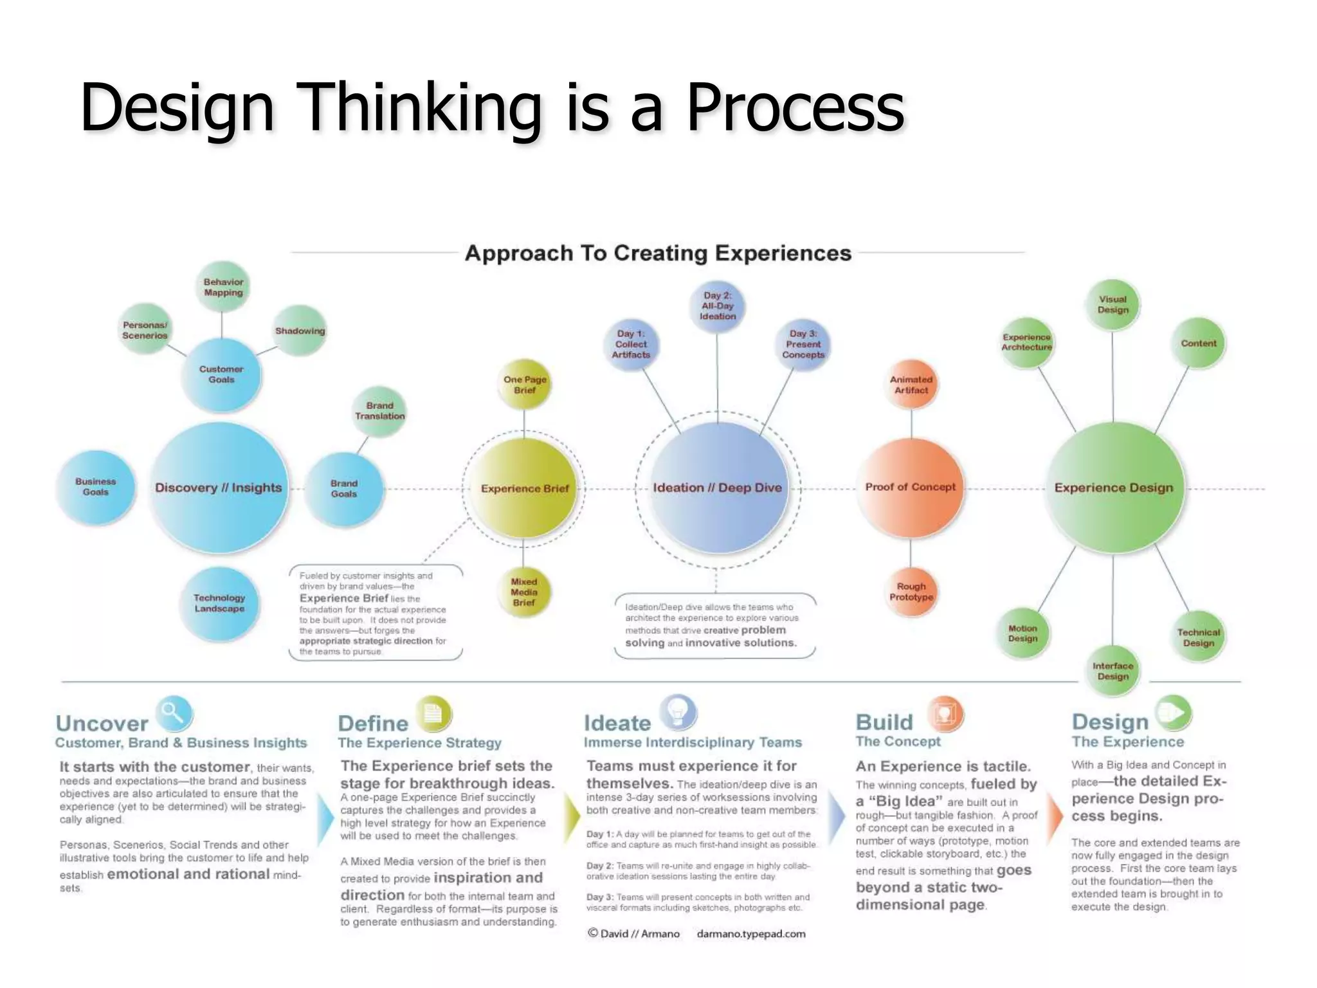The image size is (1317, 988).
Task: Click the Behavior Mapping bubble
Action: pyautogui.click(x=223, y=287)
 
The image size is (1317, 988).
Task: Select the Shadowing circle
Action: pyautogui.click(x=300, y=331)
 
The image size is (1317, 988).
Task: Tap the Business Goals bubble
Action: pyautogui.click(x=96, y=487)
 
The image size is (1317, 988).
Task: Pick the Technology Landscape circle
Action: pyautogui.click(x=219, y=603)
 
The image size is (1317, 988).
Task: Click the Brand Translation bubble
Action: pyautogui.click(x=379, y=411)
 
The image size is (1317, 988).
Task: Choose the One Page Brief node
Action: pyautogui.click(x=525, y=385)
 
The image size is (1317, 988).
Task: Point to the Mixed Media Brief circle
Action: pyautogui.click(x=523, y=592)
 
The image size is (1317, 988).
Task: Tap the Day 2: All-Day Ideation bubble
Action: pyautogui.click(x=717, y=306)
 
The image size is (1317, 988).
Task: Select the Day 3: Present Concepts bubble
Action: pyautogui.click(x=803, y=344)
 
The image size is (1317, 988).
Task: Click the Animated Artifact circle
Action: pyautogui.click(x=911, y=385)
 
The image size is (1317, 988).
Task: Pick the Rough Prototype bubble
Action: pyautogui.click(x=911, y=592)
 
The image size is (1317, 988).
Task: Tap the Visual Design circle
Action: pyautogui.click(x=1113, y=304)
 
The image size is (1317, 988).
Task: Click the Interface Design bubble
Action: pyautogui.click(x=1113, y=671)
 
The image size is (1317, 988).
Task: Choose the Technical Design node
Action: pyautogui.click(x=1198, y=637)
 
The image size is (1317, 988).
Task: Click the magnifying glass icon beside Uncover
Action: pyautogui.click(x=174, y=713)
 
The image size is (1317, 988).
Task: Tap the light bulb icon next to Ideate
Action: pyautogui.click(x=678, y=712)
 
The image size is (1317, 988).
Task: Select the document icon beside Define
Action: pyautogui.click(x=433, y=713)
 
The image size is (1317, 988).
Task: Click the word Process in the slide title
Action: pyautogui.click(x=795, y=107)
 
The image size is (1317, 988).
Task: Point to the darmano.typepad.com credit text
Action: pyautogui.click(x=750, y=934)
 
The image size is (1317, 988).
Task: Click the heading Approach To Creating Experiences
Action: pyautogui.click(x=658, y=253)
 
